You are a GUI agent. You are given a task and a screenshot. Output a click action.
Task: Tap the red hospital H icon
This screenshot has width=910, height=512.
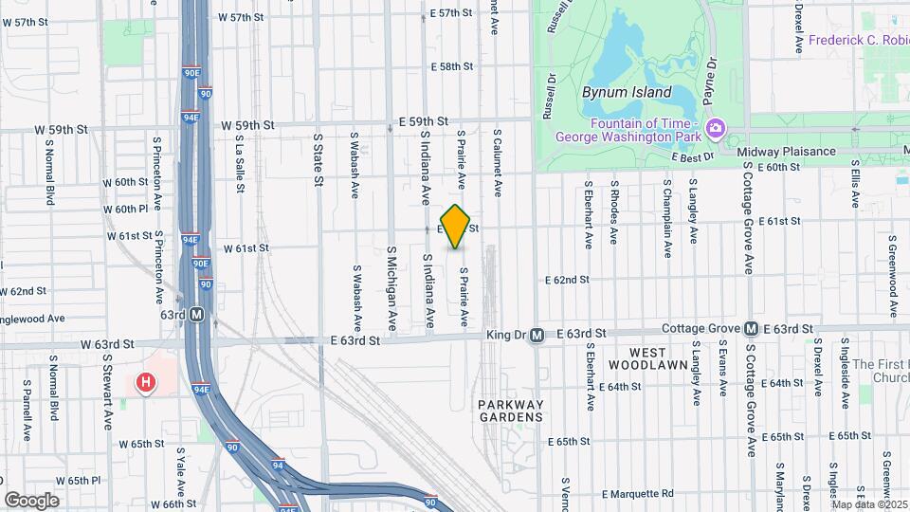pyautogui.click(x=146, y=382)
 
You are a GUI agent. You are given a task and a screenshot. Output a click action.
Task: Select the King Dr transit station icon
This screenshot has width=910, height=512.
pyautogui.click(x=537, y=335)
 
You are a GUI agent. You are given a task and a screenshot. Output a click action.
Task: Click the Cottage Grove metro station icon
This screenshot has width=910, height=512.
pyautogui.click(x=751, y=329)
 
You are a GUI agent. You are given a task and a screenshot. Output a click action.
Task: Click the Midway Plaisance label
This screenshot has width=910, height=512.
pyautogui.click(x=789, y=152)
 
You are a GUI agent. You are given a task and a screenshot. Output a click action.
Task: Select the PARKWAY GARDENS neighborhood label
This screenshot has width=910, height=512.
pyautogui.click(x=510, y=411)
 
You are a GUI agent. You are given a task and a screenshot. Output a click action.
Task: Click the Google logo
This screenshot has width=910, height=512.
pyautogui.click(x=31, y=501)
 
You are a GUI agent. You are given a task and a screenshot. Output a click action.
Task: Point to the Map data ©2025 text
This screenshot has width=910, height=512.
pyautogui.click(x=869, y=503)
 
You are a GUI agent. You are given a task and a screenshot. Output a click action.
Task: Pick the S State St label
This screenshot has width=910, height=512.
pyautogui.click(x=318, y=159)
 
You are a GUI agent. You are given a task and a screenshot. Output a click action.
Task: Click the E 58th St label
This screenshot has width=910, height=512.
pyautogui.click(x=450, y=67)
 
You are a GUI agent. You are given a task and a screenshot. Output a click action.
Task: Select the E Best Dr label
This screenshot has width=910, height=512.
pyautogui.click(x=690, y=157)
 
